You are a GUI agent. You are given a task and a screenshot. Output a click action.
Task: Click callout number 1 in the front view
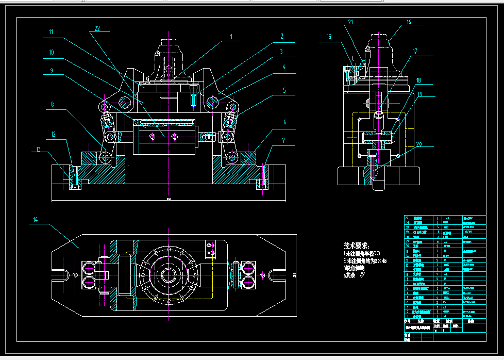tap(231, 37)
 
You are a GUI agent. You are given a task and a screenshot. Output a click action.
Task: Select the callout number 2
tap(282, 37)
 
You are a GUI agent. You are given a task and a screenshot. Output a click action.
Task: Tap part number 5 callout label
tap(283, 90)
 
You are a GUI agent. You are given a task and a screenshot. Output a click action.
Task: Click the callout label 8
tap(52, 105)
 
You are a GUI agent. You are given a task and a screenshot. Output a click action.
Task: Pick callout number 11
tap(51, 32)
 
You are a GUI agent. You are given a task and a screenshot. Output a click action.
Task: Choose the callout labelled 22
tap(97, 28)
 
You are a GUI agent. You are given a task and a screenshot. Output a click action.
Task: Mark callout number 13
tap(38, 150)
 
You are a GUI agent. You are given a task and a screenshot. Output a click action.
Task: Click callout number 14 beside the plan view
tap(36, 220)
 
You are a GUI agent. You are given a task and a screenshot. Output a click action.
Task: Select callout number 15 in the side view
tap(329, 36)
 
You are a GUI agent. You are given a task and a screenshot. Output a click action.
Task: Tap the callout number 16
tap(409, 22)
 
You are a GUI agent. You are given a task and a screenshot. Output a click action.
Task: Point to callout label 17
tap(415, 51)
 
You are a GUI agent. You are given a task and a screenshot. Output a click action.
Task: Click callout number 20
tap(418, 144)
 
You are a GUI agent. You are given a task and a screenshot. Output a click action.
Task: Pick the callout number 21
tap(351, 22)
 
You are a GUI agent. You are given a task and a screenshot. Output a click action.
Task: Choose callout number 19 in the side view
tap(420, 94)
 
